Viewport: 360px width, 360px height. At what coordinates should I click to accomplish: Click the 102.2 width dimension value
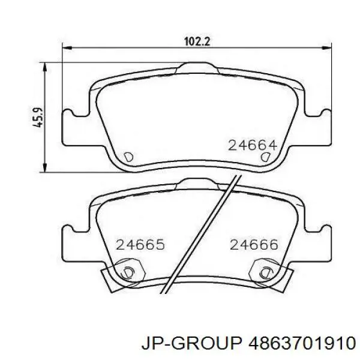click(197, 42)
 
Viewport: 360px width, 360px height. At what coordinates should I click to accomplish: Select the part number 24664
click(253, 145)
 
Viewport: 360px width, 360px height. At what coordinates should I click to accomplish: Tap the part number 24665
click(140, 245)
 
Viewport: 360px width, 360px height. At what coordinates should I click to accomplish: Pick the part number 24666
click(254, 245)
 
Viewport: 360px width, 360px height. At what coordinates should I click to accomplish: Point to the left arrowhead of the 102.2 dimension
click(67, 48)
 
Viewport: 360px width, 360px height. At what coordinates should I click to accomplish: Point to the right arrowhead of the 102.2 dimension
click(326, 48)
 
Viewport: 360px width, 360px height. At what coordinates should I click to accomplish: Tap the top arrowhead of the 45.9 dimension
click(45, 67)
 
